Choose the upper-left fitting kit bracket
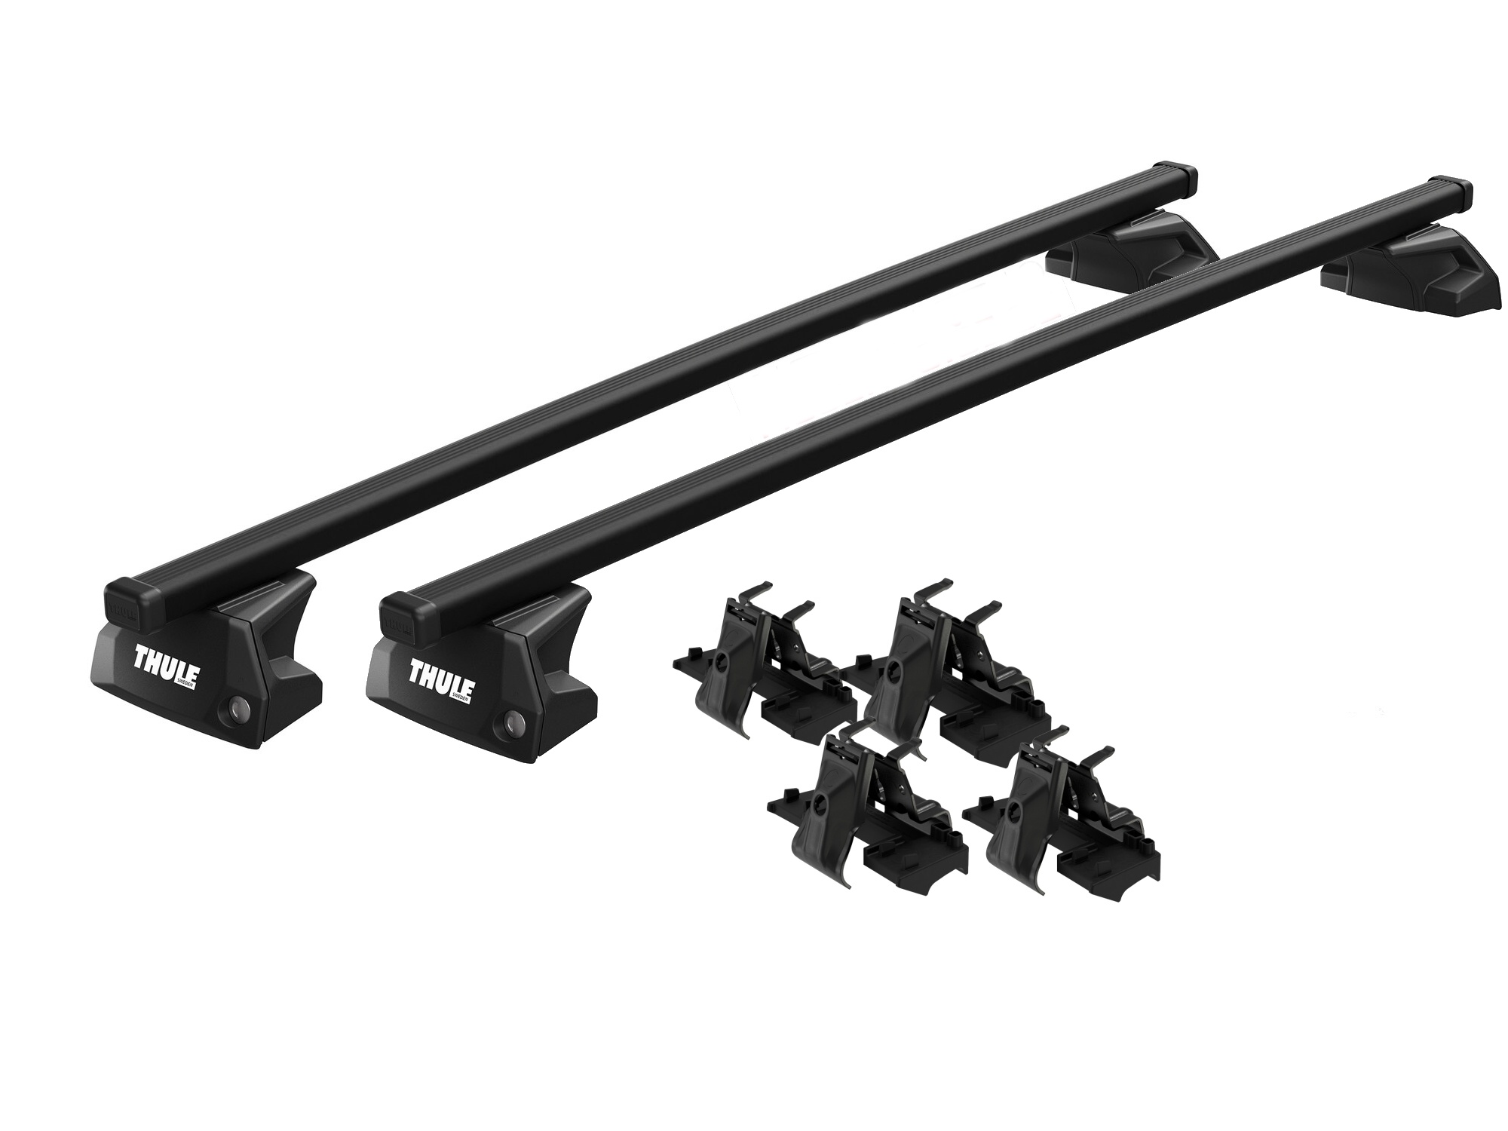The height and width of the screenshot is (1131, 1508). click(762, 664)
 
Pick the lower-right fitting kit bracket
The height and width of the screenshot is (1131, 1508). click(1063, 826)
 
